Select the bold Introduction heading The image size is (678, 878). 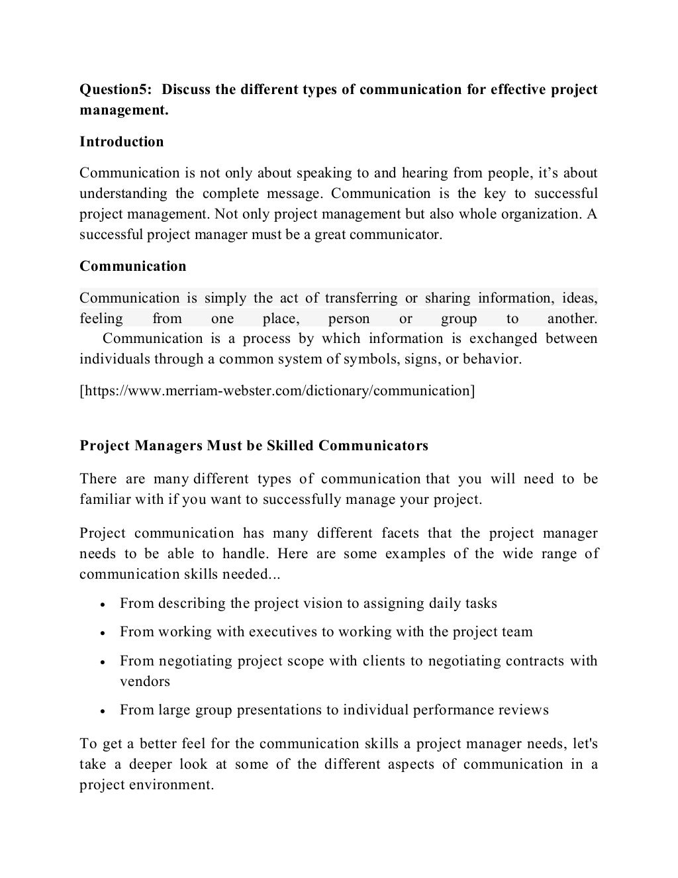point(122,142)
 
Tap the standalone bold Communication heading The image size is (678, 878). point(133,266)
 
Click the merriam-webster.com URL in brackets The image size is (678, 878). point(277,391)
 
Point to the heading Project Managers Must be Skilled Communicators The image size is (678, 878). point(254,446)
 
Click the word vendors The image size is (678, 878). point(145,681)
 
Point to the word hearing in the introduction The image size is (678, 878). point(421,173)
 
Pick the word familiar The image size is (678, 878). point(105,499)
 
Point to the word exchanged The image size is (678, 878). point(503,339)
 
